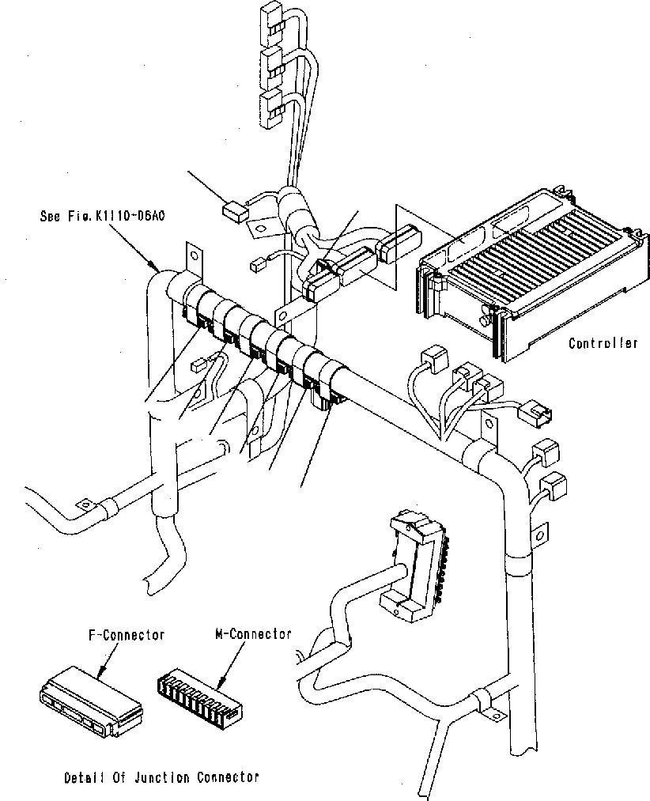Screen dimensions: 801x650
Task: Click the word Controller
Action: pyautogui.click(x=603, y=343)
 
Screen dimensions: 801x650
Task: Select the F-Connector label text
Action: pyautogui.click(x=126, y=634)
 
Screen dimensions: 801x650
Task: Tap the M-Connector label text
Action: pyautogui.click(x=253, y=634)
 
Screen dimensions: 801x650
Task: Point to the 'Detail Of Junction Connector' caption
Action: pyautogui.click(x=161, y=777)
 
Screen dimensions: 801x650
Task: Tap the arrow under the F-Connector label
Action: pyautogui.click(x=103, y=671)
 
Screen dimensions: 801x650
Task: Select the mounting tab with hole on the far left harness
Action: pyautogui.click(x=81, y=504)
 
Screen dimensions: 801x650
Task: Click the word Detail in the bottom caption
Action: pyautogui.click(x=82, y=777)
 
